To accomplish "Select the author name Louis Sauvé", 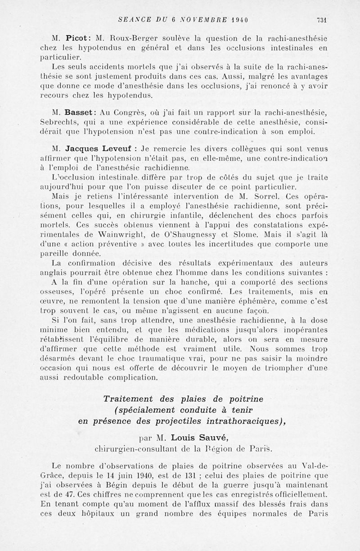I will [x=194, y=437].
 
